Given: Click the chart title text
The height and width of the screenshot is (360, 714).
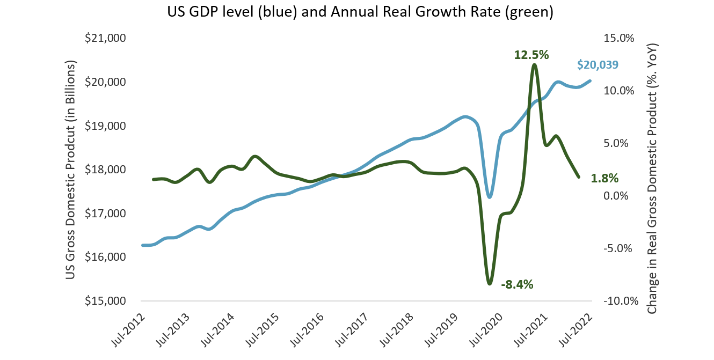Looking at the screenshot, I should click(x=357, y=12).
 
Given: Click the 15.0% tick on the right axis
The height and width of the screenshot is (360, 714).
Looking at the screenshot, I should click(x=619, y=39).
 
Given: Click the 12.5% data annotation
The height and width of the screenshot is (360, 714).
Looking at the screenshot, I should click(x=531, y=55).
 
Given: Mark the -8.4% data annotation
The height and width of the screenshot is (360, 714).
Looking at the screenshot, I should click(x=516, y=285).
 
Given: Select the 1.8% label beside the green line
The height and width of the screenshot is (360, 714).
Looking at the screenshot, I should click(x=604, y=178).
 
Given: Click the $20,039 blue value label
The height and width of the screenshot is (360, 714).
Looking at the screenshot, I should click(x=598, y=65).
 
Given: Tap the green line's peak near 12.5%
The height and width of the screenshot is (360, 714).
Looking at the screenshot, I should click(x=534, y=65).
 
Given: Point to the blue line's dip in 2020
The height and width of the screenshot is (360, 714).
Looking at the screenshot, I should click(x=489, y=197).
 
